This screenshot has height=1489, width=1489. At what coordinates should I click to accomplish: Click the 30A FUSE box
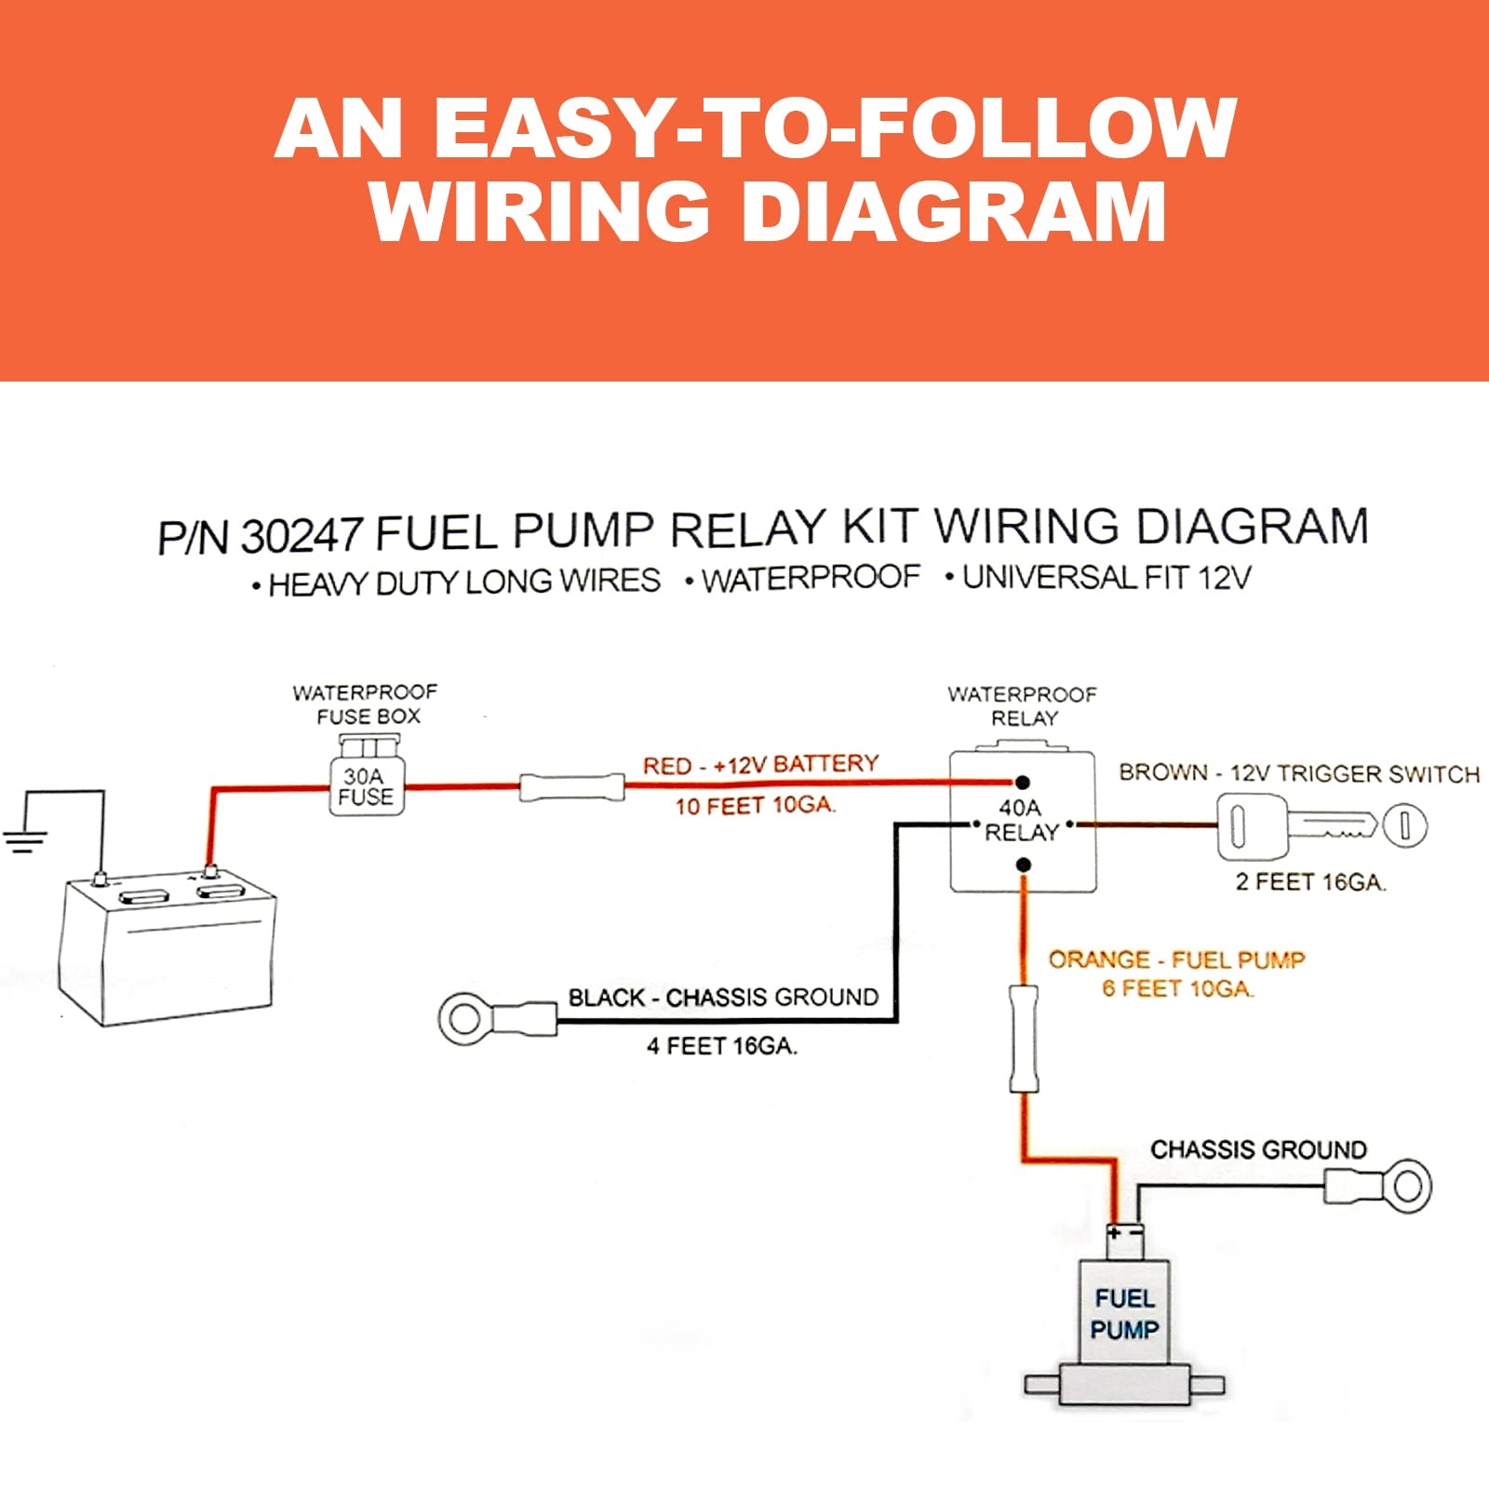tap(367, 785)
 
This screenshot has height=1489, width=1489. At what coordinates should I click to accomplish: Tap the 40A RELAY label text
tap(1021, 820)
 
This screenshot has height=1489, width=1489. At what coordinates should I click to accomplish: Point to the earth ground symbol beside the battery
tap(24, 840)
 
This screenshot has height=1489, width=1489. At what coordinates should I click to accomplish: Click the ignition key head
tap(1251, 825)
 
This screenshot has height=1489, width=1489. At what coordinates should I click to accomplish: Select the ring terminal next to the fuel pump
tap(1406, 1186)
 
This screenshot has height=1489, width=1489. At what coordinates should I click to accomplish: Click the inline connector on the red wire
tap(571, 787)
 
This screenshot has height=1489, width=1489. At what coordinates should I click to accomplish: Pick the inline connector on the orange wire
tap(1024, 1039)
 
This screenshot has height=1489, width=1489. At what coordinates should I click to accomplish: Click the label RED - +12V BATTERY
tap(760, 765)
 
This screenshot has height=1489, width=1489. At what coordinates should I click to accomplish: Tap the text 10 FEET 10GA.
tap(755, 805)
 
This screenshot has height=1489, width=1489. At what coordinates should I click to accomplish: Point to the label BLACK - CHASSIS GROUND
tap(723, 998)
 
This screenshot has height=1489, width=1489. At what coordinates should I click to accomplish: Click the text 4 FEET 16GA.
tap(722, 1046)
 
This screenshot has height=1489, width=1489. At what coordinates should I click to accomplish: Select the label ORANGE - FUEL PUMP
tap(1176, 959)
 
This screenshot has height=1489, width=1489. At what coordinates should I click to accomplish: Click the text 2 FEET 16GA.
tap(1310, 881)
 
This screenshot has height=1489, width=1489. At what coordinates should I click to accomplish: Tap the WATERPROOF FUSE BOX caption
tap(365, 704)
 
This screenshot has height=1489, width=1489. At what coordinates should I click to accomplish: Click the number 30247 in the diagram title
tap(301, 536)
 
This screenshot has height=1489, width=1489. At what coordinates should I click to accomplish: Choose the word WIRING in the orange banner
tap(540, 210)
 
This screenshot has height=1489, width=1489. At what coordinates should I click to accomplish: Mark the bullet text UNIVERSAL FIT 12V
tap(1106, 578)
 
